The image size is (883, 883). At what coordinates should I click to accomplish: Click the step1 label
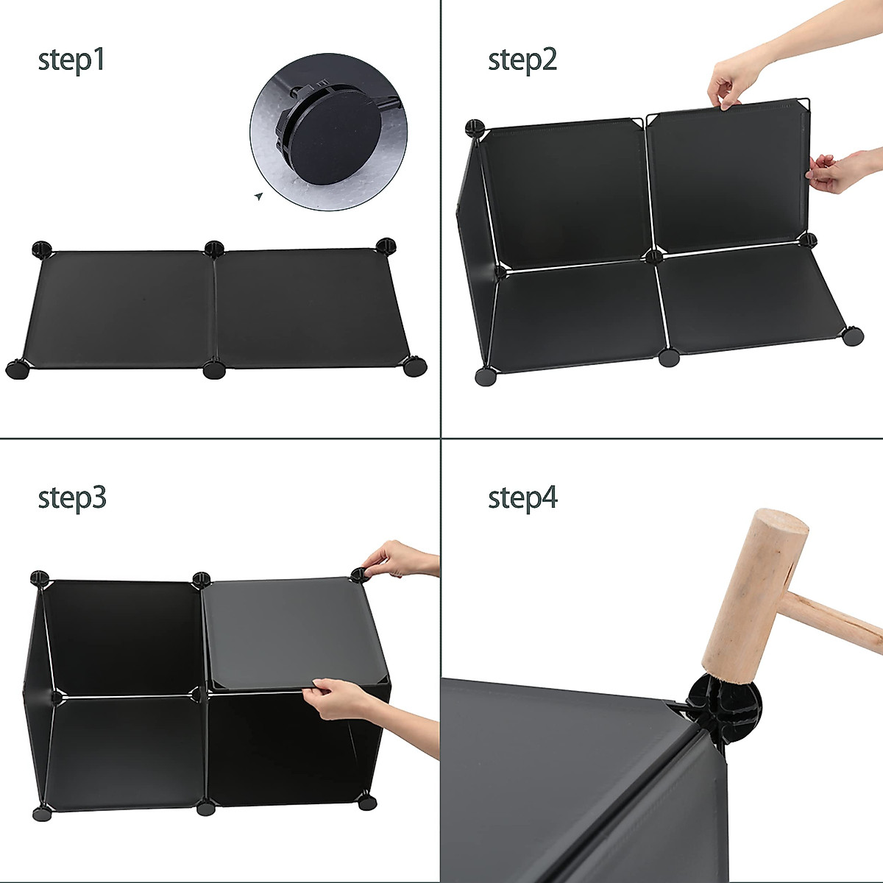(71, 60)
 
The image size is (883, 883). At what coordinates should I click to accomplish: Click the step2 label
(522, 60)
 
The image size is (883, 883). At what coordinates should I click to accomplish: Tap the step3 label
(72, 498)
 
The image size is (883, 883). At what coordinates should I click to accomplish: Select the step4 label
(523, 498)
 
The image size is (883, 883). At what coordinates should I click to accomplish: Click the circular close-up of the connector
(328, 132)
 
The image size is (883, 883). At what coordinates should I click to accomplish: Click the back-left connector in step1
(42, 249)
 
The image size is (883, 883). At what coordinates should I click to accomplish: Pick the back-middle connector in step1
(214, 249)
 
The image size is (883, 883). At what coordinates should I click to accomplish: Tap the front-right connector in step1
(415, 366)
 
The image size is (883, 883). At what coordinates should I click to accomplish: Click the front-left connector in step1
(18, 369)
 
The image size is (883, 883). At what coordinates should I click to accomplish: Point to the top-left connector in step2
(475, 129)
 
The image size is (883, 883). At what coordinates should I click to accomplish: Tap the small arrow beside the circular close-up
(259, 196)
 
